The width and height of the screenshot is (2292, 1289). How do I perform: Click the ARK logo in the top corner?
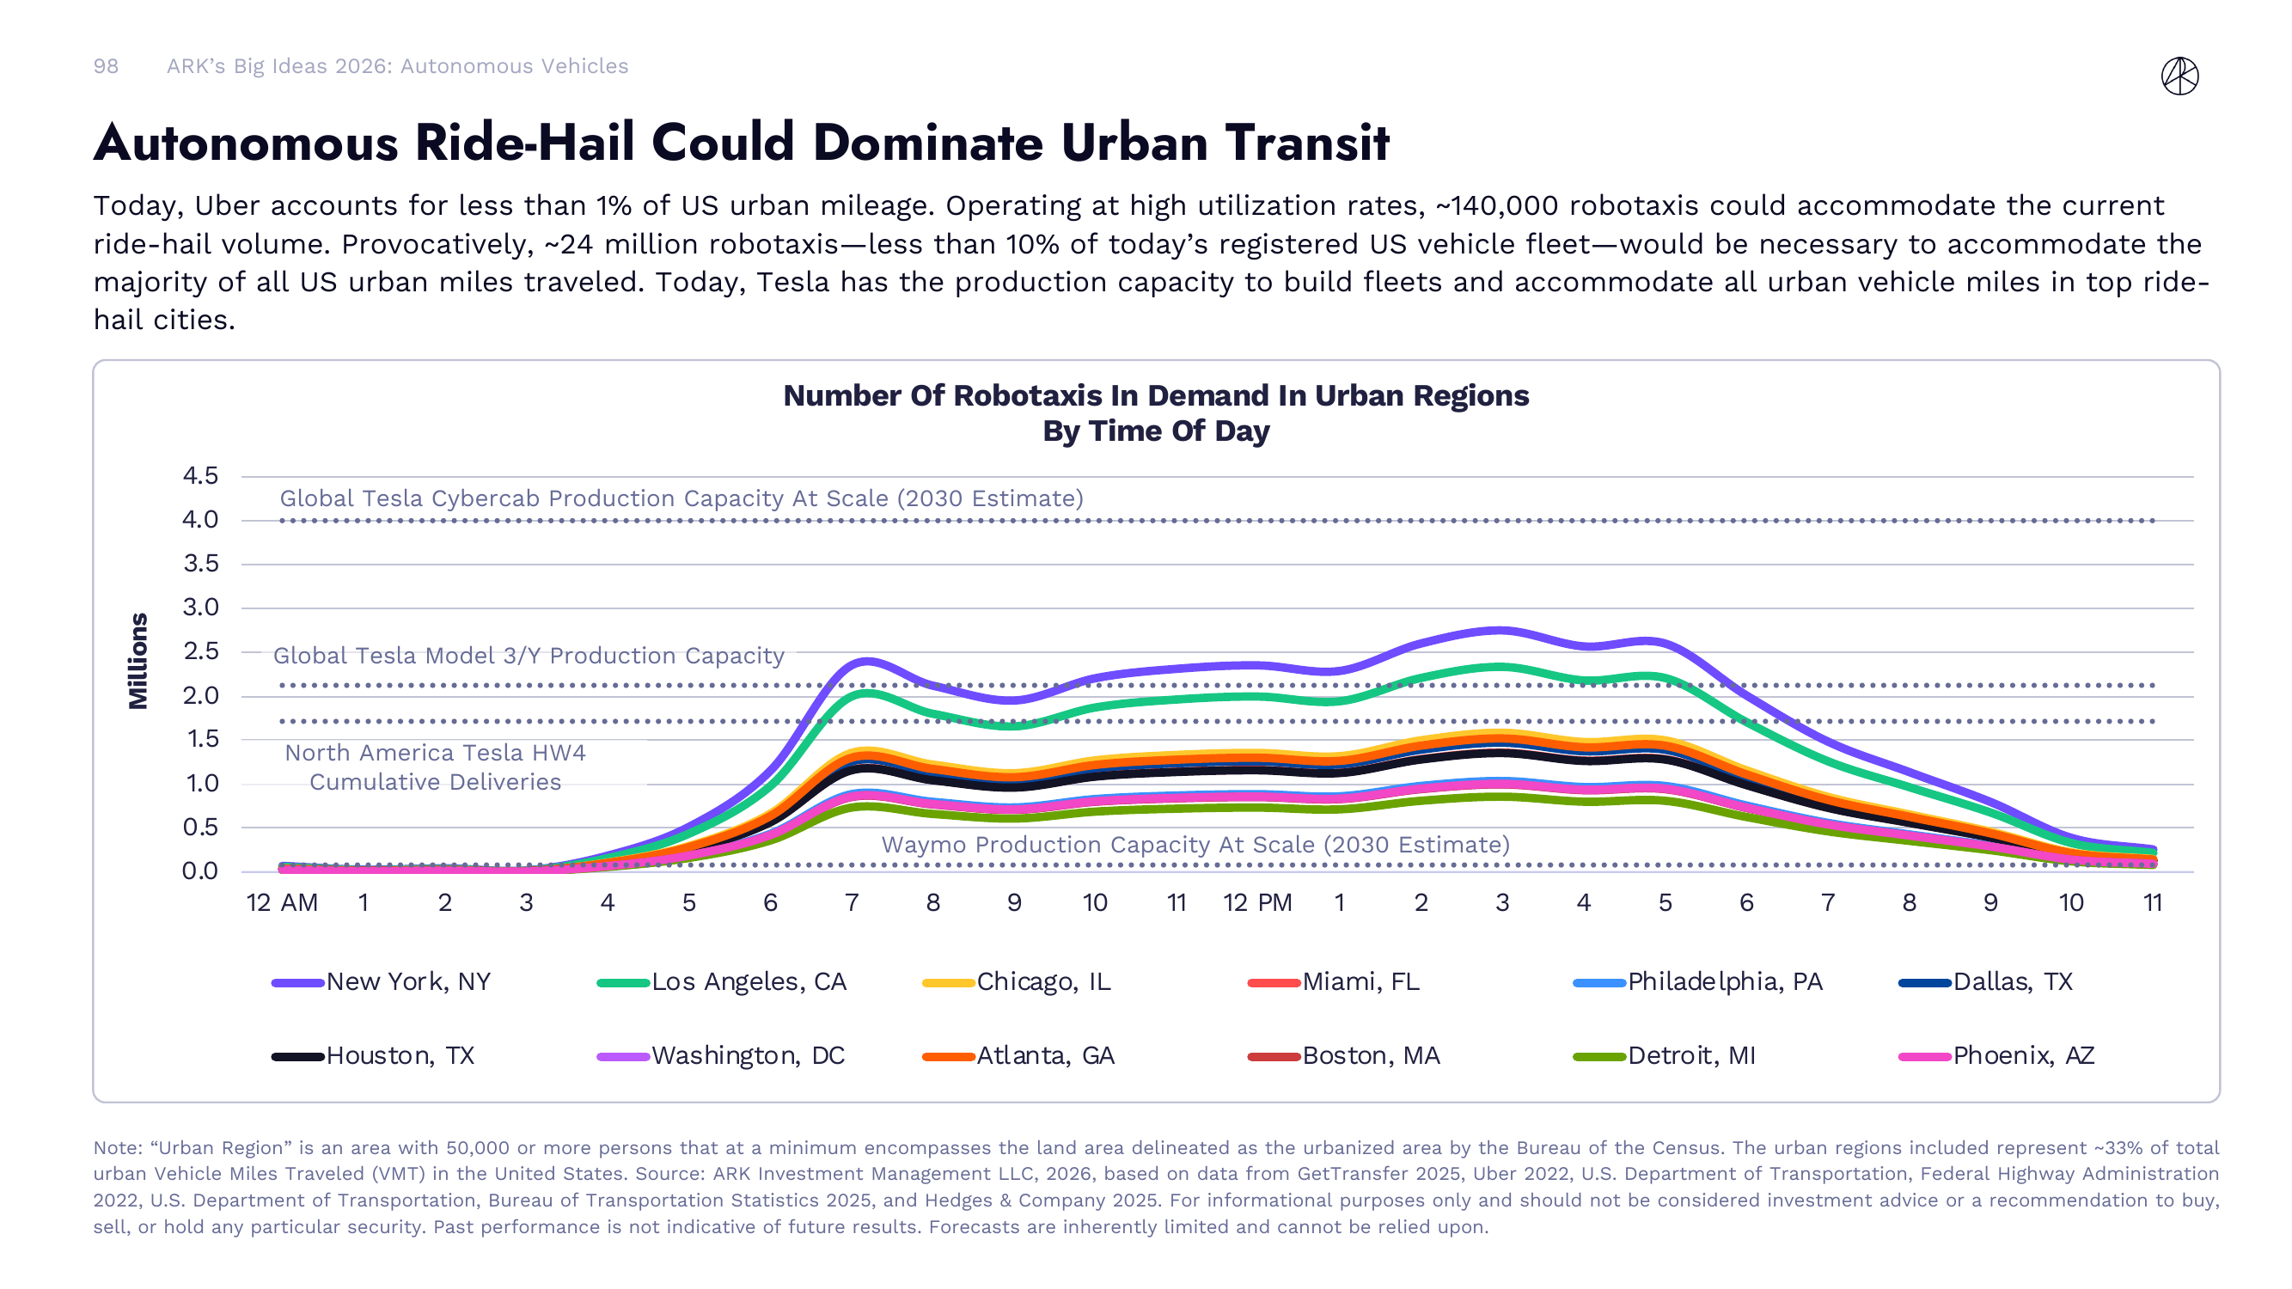coord(2179,76)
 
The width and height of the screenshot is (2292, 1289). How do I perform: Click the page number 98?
coord(106,66)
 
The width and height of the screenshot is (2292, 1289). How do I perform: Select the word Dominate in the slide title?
coord(927,143)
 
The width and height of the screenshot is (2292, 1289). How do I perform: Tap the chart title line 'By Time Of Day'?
coord(1155,431)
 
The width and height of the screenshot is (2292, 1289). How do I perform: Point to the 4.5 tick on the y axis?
coord(200,476)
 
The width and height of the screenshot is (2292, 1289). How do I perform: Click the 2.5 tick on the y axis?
coord(200,651)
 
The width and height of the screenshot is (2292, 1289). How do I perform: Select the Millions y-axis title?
coord(138,660)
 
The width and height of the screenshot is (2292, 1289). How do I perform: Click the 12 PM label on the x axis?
coord(1256,903)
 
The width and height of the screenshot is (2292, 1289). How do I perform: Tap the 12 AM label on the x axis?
coord(282,903)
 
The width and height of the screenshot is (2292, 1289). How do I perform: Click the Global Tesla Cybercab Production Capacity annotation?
coord(681,498)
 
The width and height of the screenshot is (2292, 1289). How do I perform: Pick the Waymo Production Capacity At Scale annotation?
coord(1195,844)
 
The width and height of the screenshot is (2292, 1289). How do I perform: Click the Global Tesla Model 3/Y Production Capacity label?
coord(529,656)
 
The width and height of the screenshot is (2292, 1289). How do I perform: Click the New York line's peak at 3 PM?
coord(1502,631)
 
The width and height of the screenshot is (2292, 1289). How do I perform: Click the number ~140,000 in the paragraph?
coord(1496,205)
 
